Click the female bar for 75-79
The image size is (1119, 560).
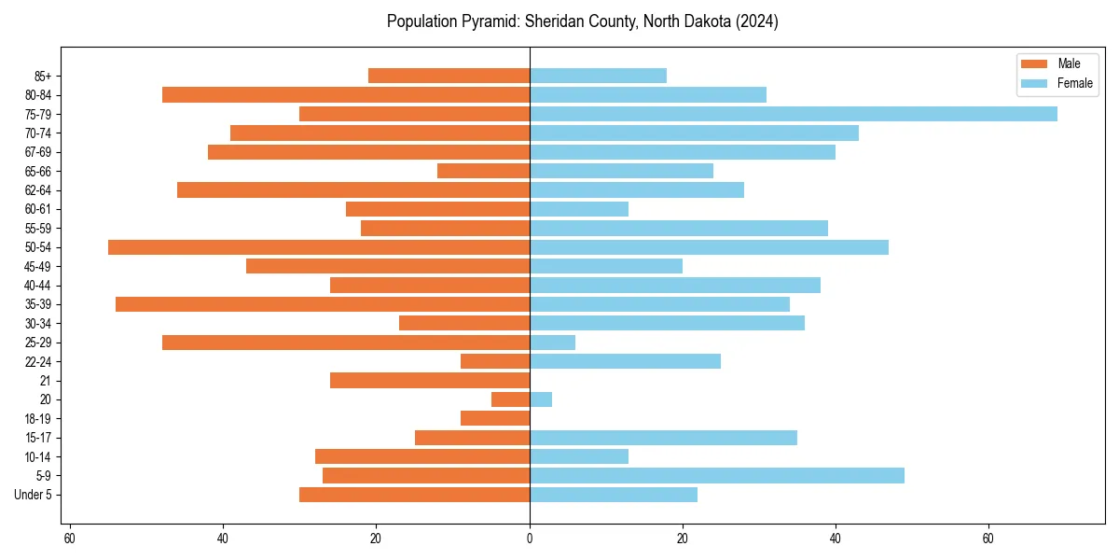793,114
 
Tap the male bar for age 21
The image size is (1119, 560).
430,380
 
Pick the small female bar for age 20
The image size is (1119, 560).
541,399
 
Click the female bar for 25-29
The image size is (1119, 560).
552,343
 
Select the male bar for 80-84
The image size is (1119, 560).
346,94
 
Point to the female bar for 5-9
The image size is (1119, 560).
716,475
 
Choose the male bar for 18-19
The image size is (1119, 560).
495,418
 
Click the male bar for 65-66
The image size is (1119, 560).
483,171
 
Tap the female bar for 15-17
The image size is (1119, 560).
663,438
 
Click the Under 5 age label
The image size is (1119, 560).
33,495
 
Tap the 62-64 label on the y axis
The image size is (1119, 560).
38,189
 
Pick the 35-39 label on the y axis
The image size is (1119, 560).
38,304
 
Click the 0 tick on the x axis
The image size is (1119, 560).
530,538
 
